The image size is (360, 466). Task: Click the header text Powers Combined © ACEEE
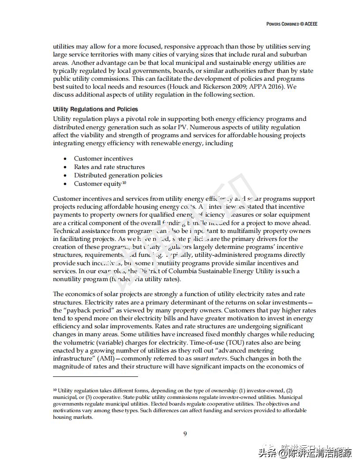[292, 24]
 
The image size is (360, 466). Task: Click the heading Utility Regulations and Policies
[95, 109]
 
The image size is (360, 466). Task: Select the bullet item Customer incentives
[103, 158]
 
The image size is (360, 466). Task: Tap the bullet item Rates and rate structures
[109, 167]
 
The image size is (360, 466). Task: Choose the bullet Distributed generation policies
[118, 175]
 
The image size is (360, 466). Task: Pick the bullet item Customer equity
[97, 184]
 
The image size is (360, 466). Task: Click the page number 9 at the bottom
[185, 434]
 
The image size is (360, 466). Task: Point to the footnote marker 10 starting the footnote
[55, 391]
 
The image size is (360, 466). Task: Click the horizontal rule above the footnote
[95, 376]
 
